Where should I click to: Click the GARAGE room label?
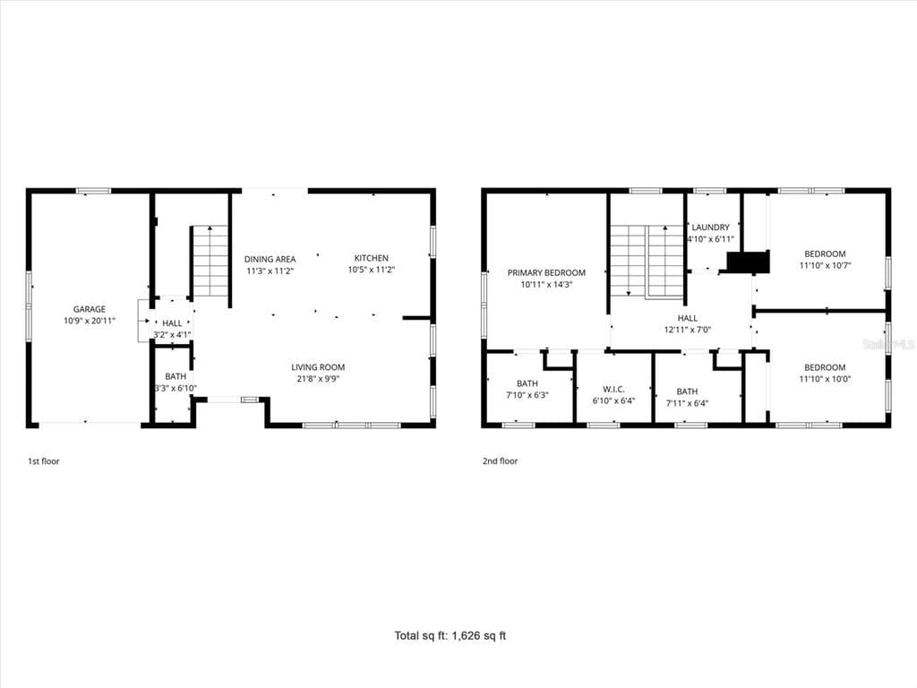(x=90, y=309)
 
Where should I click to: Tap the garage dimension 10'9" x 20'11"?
(x=90, y=321)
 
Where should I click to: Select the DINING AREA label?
(x=270, y=259)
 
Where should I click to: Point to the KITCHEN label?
(x=372, y=258)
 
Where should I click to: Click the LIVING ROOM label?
(x=318, y=367)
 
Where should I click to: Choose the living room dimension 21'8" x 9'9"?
(x=318, y=379)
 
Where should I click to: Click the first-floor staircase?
(x=210, y=262)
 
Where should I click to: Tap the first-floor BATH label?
(x=176, y=377)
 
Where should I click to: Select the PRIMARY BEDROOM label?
(x=546, y=272)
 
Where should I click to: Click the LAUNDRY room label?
(x=710, y=227)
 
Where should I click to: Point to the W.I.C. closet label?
(x=613, y=389)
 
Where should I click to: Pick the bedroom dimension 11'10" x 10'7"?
(x=825, y=265)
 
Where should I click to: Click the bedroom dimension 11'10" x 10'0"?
(x=825, y=379)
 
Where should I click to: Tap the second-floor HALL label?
(x=687, y=318)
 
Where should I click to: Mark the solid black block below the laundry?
(x=748, y=262)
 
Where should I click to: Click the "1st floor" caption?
(x=44, y=461)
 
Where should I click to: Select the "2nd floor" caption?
(x=500, y=461)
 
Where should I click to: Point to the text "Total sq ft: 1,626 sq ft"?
(x=450, y=635)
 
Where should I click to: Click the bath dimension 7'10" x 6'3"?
(x=527, y=395)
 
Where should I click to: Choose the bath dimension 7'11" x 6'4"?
(x=687, y=403)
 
